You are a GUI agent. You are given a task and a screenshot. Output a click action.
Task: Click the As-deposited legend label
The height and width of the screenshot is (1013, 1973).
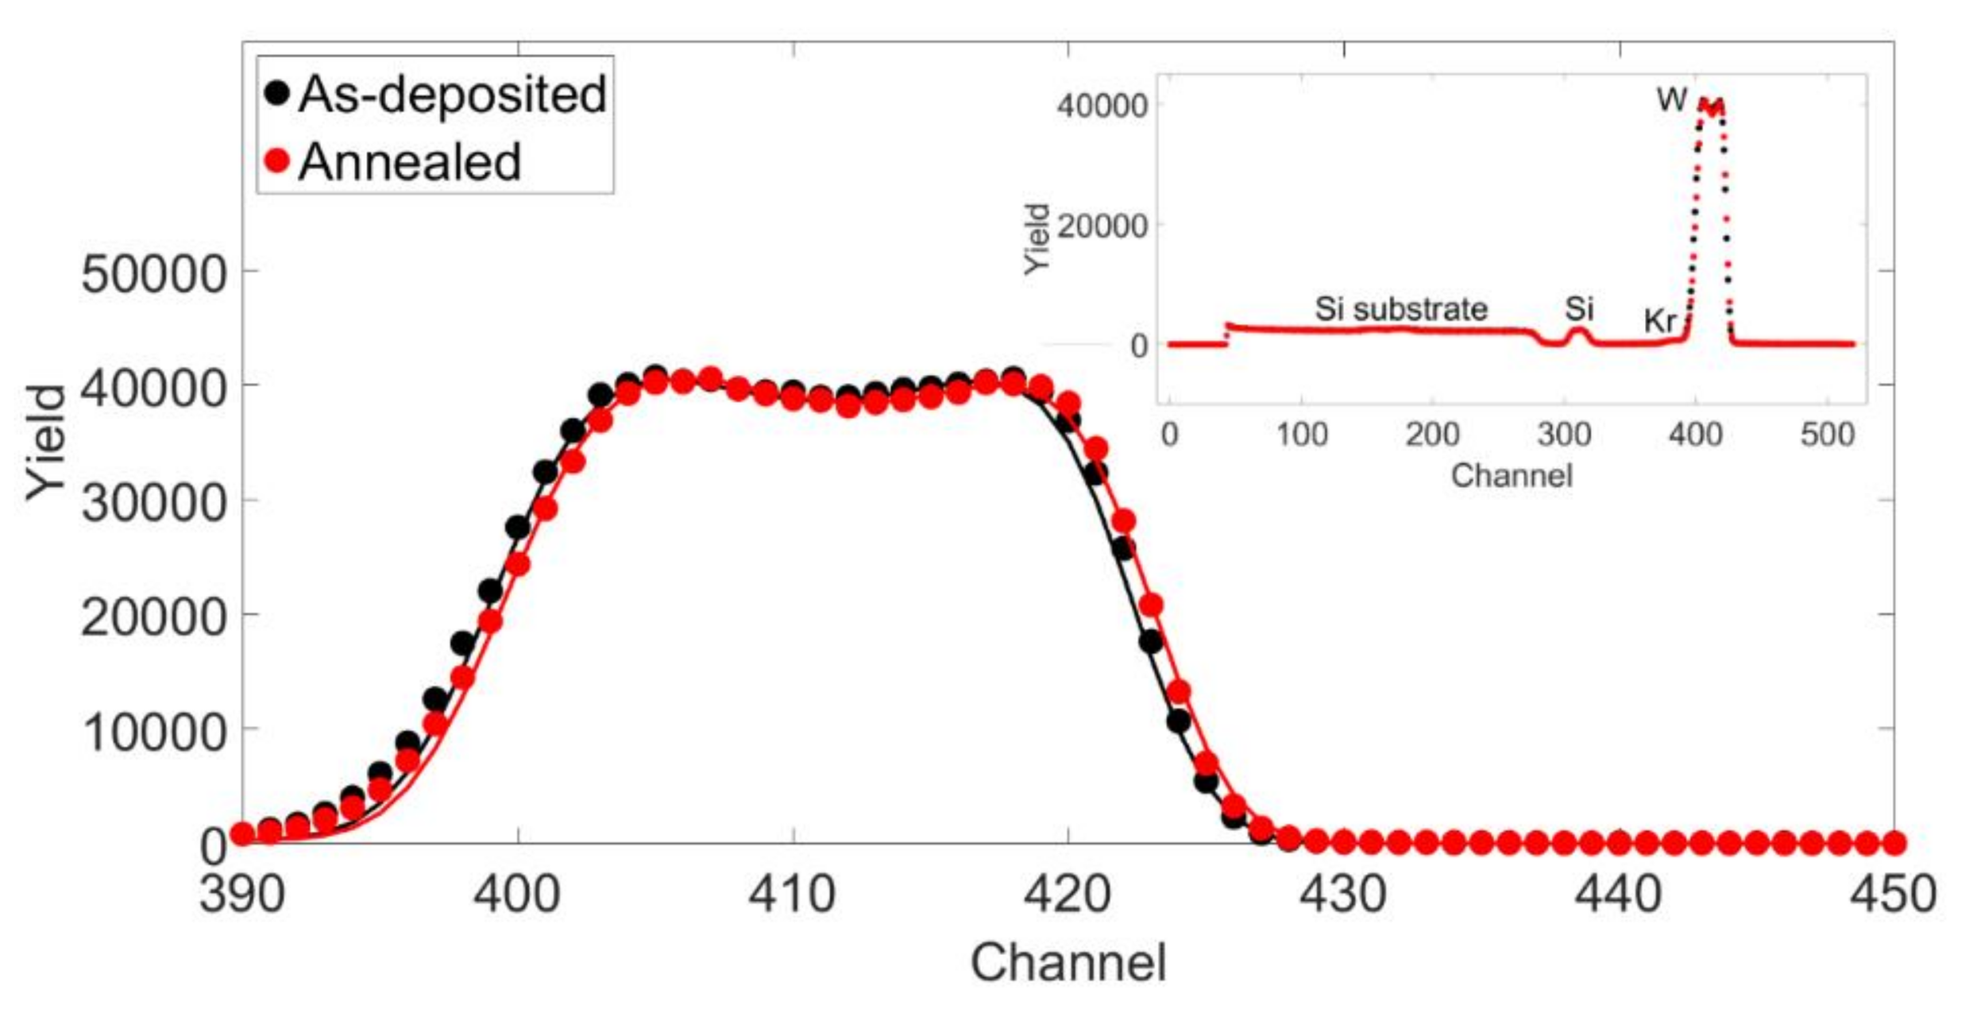tap(452, 95)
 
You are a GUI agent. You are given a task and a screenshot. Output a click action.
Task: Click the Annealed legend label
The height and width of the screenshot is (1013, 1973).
tap(410, 162)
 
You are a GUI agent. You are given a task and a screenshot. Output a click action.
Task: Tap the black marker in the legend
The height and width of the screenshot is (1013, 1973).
tap(276, 93)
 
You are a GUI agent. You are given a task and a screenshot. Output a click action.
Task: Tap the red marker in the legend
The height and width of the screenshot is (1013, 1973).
tap(276, 161)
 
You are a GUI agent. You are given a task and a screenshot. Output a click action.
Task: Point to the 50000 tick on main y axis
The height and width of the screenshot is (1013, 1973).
tap(154, 273)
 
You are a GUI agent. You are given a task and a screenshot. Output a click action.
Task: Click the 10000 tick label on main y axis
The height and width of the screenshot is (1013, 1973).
tap(154, 731)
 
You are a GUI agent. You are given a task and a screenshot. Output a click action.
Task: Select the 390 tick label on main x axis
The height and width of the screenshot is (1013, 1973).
tap(242, 894)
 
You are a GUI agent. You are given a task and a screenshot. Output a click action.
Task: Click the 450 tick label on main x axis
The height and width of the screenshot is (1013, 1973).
tap(1893, 894)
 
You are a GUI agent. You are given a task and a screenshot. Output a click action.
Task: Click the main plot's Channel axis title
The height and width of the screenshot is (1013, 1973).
tap(1069, 963)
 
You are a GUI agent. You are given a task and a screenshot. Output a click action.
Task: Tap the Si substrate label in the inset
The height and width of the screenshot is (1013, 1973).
tap(1401, 309)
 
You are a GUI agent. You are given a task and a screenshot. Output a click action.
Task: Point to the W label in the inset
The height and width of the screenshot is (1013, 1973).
tap(1672, 99)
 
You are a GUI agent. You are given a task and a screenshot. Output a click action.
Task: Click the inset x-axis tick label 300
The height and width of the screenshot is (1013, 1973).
tap(1564, 435)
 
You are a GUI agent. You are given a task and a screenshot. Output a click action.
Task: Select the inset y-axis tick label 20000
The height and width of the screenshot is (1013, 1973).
tap(1101, 226)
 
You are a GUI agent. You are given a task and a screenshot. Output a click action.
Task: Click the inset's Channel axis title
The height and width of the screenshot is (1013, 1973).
tap(1511, 476)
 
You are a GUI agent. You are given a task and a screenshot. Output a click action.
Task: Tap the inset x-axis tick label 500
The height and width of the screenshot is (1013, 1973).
tap(1826, 435)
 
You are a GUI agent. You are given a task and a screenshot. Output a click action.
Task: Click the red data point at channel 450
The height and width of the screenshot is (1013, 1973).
tap(1893, 843)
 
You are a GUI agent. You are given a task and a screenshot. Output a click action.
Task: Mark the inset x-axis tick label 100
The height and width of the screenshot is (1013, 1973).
tap(1301, 435)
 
